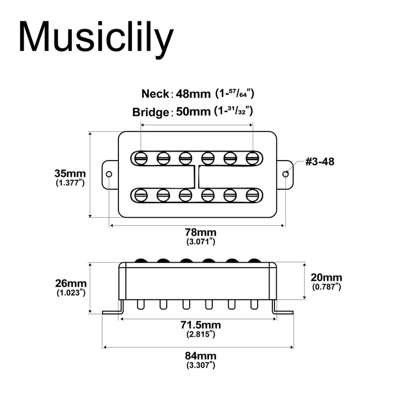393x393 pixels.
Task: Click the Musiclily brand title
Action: point(95,38)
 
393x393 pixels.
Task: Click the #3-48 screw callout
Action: point(321,162)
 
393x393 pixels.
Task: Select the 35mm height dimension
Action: point(70,173)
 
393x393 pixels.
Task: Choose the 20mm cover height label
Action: point(326,278)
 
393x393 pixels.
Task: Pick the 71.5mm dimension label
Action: point(200,325)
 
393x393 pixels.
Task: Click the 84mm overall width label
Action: point(200,356)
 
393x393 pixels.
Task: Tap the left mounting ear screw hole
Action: point(109,173)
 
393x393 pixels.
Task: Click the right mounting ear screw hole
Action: point(286,173)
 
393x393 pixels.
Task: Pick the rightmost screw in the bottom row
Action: point(252,195)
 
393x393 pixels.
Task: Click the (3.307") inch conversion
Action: point(200,365)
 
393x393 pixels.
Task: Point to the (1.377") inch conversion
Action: point(70,183)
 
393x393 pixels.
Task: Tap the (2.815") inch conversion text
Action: point(200,335)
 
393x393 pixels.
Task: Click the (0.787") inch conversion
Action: point(326,287)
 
